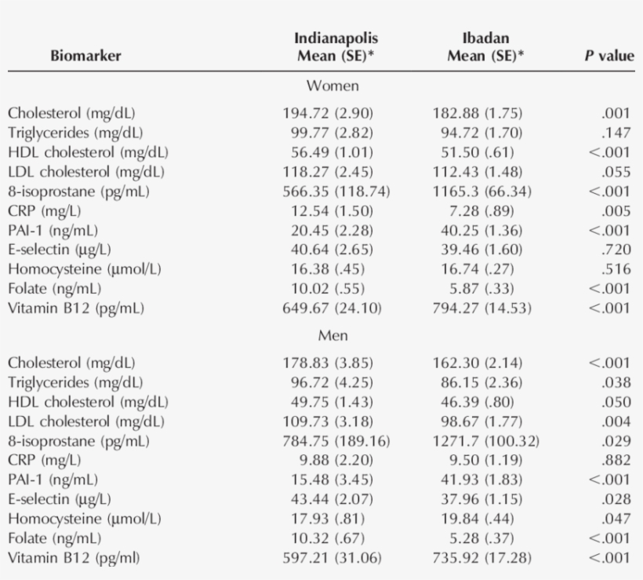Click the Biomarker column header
(86, 56)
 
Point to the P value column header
(609, 56)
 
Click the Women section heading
(332, 86)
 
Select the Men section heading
(332, 336)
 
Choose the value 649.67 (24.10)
(332, 308)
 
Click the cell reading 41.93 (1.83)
(478, 480)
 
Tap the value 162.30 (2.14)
(478, 363)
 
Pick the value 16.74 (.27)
(478, 268)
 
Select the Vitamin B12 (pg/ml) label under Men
(76, 557)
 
